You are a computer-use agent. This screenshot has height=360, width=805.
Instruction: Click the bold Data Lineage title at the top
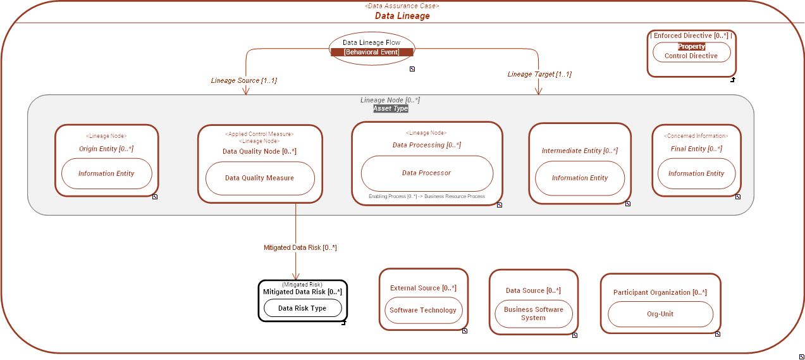coord(402,16)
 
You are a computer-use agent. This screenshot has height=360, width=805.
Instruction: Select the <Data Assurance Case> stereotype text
coord(402,6)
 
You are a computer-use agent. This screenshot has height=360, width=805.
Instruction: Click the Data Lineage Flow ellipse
coord(372,42)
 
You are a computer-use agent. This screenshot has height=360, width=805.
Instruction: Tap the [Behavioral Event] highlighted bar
coord(372,52)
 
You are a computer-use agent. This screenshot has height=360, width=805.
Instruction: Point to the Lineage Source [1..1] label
coord(243,81)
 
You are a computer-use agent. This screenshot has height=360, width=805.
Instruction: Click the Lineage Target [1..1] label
coord(539,74)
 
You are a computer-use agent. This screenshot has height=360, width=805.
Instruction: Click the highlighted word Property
coord(691,46)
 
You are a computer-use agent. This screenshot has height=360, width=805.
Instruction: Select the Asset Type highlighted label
coord(390,109)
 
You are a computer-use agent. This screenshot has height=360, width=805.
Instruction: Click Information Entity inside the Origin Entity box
coord(106,173)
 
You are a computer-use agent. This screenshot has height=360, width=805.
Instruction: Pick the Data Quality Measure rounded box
coord(260,178)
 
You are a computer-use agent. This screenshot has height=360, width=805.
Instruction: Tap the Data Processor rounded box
coord(427,173)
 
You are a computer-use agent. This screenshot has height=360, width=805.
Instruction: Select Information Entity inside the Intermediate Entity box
coord(580,178)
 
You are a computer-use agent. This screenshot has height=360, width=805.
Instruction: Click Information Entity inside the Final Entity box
coord(696,173)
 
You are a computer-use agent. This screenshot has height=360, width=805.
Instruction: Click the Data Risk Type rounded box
coord(302,308)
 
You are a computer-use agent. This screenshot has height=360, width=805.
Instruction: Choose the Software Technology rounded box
coord(423,310)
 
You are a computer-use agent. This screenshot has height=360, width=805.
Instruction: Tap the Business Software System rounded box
coord(533,314)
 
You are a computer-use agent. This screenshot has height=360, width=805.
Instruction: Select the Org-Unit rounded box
coord(660,314)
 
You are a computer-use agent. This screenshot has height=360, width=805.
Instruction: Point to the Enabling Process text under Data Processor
coord(427,197)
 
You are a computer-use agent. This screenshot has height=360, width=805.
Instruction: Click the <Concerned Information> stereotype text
coord(696,136)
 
